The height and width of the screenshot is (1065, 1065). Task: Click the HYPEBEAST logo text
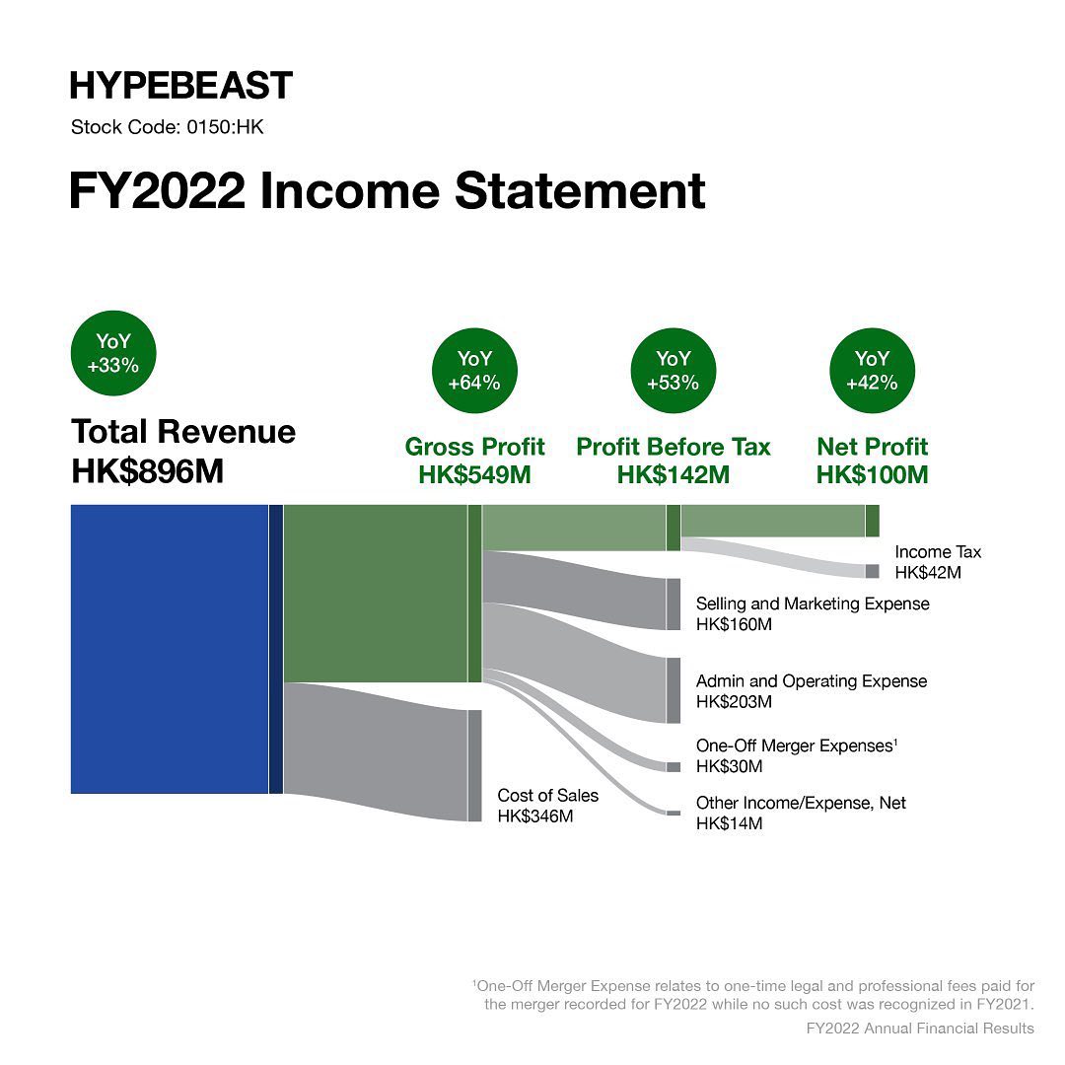point(180,86)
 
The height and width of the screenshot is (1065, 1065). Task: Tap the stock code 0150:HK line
point(168,127)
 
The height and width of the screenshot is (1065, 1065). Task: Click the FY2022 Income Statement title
point(387,190)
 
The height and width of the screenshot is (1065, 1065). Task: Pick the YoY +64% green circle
point(474,371)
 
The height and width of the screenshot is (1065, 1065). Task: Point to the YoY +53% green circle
point(673,371)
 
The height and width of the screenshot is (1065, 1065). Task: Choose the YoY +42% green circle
point(872,371)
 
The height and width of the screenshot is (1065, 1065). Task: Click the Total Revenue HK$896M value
point(148,470)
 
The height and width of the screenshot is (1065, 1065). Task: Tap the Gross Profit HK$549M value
point(474,474)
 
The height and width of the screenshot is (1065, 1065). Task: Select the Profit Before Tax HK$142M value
point(673,474)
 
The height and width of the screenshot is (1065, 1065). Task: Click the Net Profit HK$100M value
point(872,474)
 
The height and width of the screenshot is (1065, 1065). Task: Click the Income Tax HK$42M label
point(937,562)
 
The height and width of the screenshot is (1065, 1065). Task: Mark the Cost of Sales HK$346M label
point(547,806)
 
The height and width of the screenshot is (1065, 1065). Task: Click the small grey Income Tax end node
point(872,571)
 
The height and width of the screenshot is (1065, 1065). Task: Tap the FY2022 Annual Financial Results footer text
point(919,1029)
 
